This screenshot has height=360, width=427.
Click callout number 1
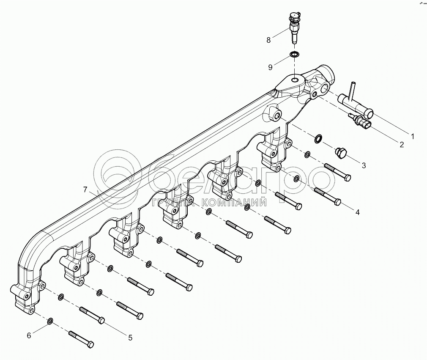click(413, 137)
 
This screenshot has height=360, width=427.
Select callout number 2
click(401, 145)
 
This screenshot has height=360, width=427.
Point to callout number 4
click(357, 212)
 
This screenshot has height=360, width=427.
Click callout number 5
click(130, 337)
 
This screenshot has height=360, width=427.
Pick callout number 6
click(29, 335)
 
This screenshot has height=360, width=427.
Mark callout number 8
click(268, 40)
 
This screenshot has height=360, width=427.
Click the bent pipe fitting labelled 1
click(355, 102)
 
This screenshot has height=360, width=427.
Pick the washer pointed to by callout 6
click(50, 321)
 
